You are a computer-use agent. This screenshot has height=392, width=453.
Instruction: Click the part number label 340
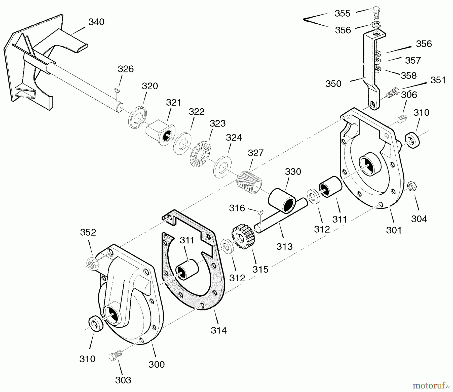(x=96, y=22)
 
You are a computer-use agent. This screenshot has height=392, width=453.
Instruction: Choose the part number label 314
(x=219, y=330)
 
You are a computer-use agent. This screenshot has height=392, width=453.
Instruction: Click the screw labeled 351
(x=392, y=93)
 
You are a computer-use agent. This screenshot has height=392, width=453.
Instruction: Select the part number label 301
(x=394, y=230)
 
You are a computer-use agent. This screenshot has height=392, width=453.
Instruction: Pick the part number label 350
(x=333, y=84)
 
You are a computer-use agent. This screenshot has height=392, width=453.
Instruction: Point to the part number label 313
(x=284, y=246)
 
